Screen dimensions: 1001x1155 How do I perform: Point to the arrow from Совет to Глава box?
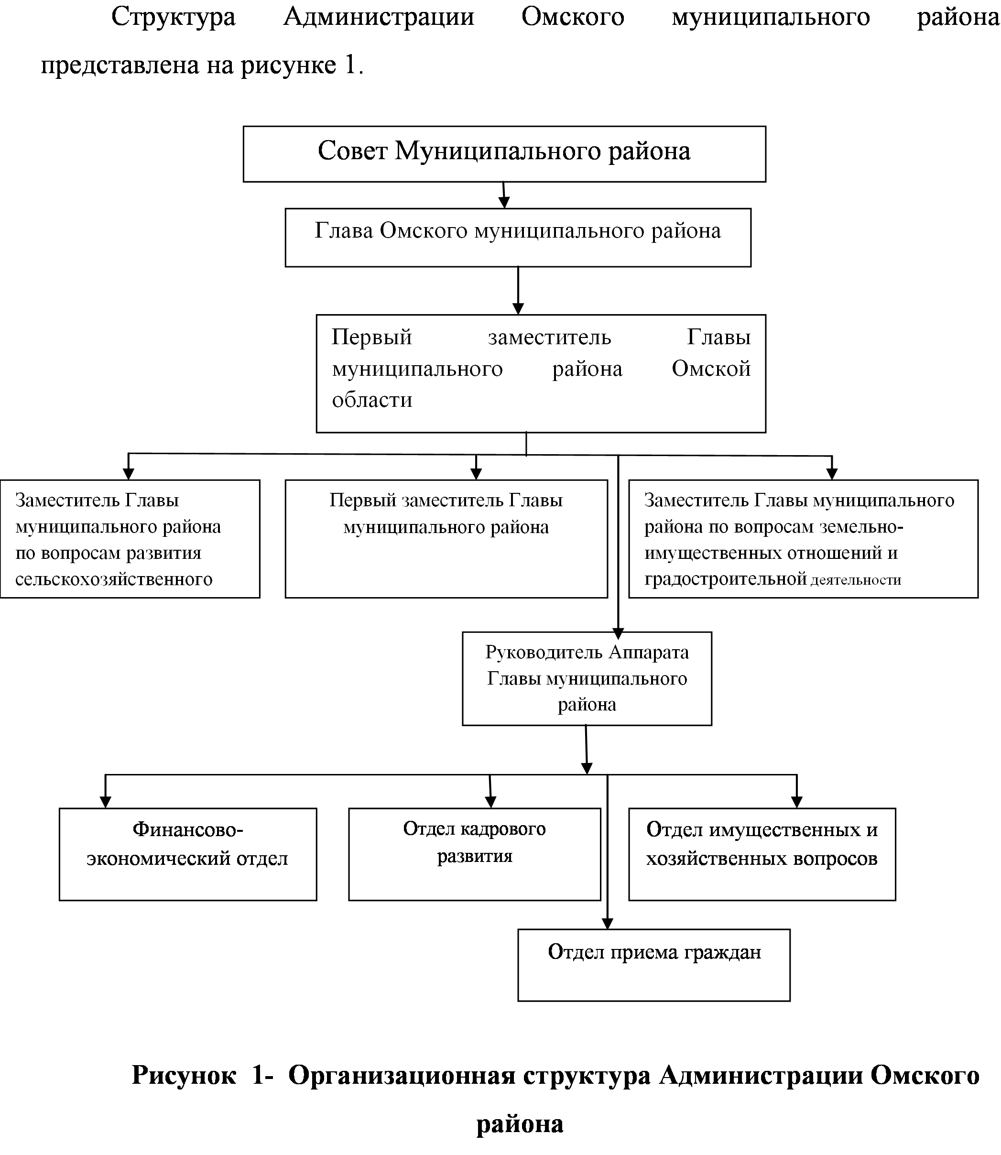coord(504,196)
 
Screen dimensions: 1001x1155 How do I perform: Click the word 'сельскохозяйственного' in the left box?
coord(114,579)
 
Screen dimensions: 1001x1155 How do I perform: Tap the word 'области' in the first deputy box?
coord(372,400)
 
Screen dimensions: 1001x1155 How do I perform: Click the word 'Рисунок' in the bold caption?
coord(184,1075)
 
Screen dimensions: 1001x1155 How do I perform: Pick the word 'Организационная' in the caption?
coord(402,1075)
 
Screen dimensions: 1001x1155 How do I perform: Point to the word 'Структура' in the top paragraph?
coord(173,18)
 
